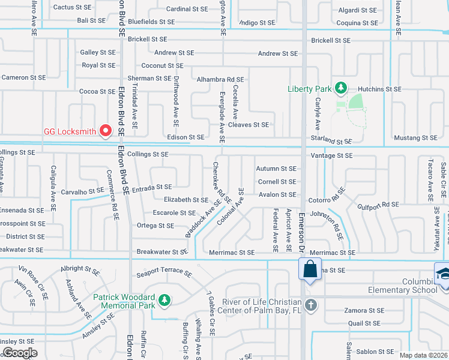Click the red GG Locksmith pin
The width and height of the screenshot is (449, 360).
point(106,130)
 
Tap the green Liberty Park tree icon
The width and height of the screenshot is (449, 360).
point(341,88)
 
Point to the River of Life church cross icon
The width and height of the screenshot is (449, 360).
point(310,304)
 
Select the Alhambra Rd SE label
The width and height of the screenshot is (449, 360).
point(220,79)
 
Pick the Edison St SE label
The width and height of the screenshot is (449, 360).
point(185,137)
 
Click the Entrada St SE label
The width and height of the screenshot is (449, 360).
point(152,187)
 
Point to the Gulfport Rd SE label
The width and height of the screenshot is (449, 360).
point(378,205)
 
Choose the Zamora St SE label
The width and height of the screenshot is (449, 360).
point(364,310)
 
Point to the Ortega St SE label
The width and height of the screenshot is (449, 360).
point(155,226)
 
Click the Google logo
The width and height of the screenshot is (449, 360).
point(20,353)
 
